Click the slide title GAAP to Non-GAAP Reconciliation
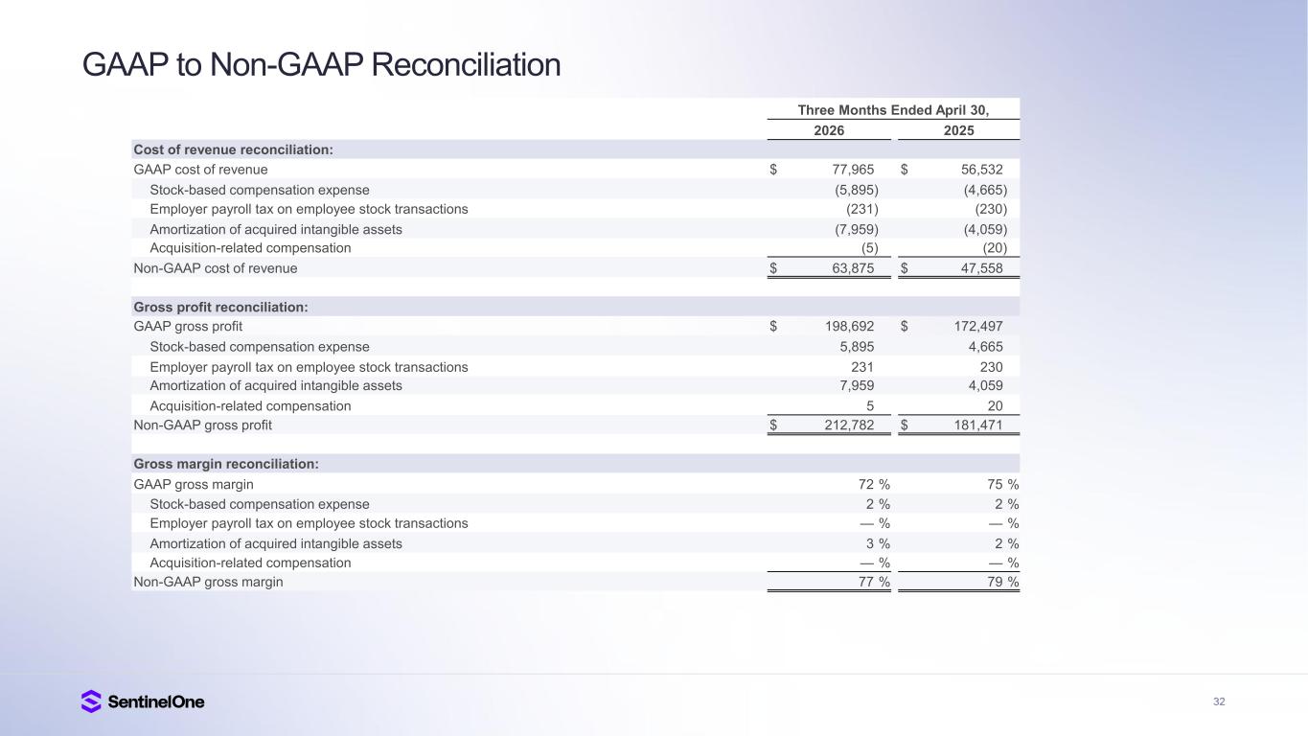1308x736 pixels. [x=321, y=64]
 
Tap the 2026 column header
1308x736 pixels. [x=829, y=130]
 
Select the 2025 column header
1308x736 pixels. [x=959, y=130]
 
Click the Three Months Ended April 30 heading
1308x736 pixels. [x=893, y=110]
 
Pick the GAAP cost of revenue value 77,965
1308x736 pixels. [x=853, y=170]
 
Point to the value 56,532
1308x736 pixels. [x=981, y=170]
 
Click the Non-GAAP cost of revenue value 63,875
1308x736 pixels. [x=853, y=268]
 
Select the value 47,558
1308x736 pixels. [x=981, y=268]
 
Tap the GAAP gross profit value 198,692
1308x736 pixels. [x=850, y=326]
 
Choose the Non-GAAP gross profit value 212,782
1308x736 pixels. [x=850, y=425]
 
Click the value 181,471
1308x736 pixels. [x=978, y=425]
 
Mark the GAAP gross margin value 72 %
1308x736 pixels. [x=874, y=484]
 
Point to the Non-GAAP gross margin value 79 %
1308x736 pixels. [x=1003, y=582]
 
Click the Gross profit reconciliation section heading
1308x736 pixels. [x=220, y=308]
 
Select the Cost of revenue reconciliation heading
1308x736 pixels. [x=234, y=149]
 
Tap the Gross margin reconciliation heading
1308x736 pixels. [x=226, y=464]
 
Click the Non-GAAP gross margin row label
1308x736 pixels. [x=209, y=582]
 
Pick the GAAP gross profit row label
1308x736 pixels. [x=188, y=326]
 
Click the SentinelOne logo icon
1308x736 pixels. [x=91, y=701]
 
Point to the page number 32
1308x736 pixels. [x=1219, y=701]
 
